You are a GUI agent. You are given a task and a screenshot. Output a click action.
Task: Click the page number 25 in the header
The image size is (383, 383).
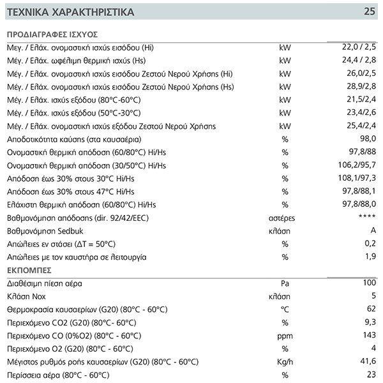370,11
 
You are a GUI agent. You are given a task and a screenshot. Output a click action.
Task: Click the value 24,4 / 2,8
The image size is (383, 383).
358,60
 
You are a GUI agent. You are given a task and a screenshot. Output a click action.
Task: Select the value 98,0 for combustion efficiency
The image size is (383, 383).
368,139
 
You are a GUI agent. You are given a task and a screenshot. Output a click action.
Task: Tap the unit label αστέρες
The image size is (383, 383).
285,218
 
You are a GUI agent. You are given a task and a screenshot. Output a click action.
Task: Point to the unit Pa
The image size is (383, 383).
285,283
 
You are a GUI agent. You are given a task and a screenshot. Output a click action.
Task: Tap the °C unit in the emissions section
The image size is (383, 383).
285,309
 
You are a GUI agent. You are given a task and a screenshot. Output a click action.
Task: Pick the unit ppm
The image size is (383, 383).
285,335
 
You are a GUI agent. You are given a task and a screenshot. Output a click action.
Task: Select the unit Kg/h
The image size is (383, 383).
285,361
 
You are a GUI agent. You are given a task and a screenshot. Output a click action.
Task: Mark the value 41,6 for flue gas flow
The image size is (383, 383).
368,361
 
